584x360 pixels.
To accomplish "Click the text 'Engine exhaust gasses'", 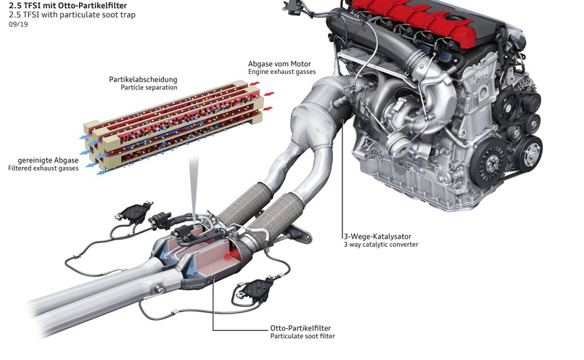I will pos(285,73).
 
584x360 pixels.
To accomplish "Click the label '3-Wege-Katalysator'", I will pos(380,236).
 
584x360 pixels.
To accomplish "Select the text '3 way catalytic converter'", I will pos(381,245).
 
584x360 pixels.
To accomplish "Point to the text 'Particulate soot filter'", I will pos(303,337).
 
